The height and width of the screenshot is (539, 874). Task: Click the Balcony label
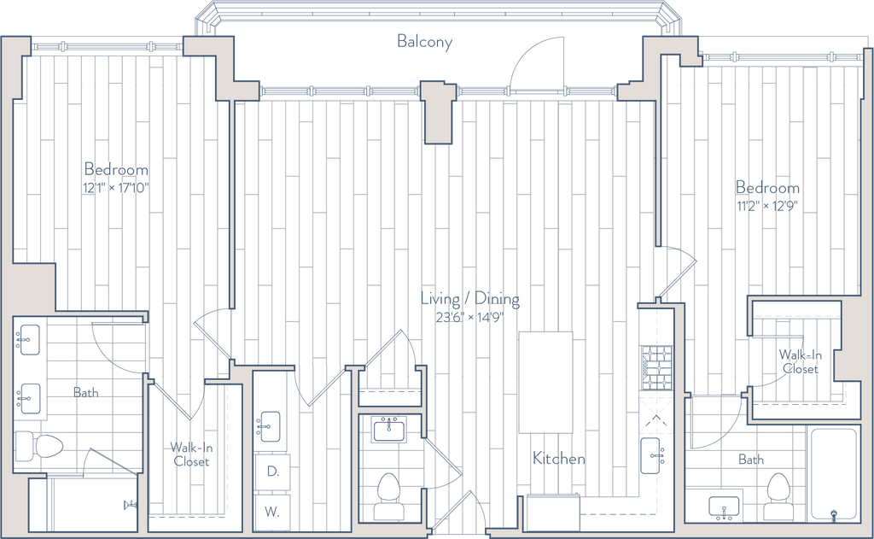[424, 42]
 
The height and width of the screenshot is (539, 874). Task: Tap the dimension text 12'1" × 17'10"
[116, 187]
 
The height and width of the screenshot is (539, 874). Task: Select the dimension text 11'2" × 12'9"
[767, 206]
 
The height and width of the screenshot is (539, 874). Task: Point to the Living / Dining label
[470, 300]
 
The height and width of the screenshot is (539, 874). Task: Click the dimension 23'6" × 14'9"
[470, 318]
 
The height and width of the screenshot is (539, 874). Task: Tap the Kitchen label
[558, 459]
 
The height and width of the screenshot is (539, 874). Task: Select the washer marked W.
[272, 512]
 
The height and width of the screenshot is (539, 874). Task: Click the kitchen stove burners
[656, 368]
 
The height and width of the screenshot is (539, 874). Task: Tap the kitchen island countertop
[545, 382]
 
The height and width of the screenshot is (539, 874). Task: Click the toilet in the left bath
[38, 447]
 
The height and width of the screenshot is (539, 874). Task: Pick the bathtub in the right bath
[833, 474]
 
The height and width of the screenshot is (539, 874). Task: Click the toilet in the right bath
[778, 496]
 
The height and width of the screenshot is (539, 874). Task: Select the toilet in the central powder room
[388, 496]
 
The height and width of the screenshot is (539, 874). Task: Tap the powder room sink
[389, 430]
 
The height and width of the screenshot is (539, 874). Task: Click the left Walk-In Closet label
[191, 454]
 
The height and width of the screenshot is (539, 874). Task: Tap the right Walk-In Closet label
[800, 361]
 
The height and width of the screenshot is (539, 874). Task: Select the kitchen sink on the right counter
[653, 456]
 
